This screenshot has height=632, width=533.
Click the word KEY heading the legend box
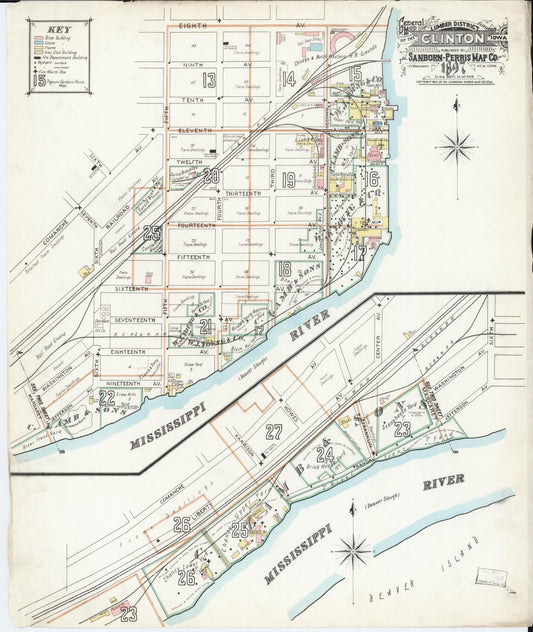click(x=59, y=29)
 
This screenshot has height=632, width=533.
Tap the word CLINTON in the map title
click(x=452, y=38)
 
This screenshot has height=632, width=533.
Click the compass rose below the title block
click(x=457, y=147)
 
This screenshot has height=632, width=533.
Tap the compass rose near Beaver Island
click(x=352, y=549)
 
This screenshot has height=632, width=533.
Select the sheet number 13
click(x=208, y=80)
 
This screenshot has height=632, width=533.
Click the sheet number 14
click(x=288, y=79)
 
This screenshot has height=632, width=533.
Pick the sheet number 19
click(x=288, y=181)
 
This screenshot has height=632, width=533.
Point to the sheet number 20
click(x=210, y=176)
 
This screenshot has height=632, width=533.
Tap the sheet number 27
click(x=273, y=431)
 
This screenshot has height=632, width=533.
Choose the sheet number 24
click(x=324, y=453)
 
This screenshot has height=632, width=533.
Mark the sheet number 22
click(x=106, y=397)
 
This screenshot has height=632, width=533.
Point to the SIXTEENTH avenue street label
click(x=131, y=288)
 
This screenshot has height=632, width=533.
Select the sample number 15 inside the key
click(x=39, y=79)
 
